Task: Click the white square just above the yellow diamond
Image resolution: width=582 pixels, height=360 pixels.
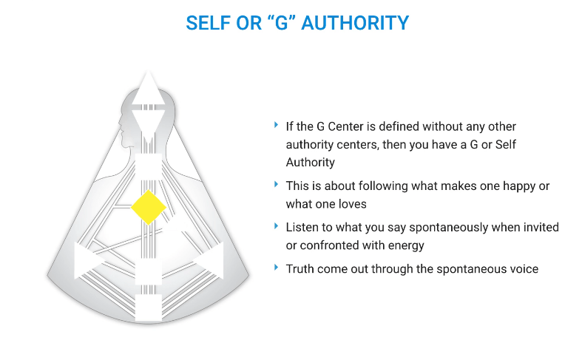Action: (149, 166)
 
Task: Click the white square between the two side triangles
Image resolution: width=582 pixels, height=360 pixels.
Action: (149, 271)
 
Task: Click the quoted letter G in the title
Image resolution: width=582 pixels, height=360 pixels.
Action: (278, 23)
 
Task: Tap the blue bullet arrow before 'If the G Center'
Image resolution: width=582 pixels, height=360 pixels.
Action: (276, 124)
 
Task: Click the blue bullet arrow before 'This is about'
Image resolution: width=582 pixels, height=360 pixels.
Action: (276, 184)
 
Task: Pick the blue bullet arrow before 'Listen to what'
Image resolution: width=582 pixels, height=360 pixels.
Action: (276, 225)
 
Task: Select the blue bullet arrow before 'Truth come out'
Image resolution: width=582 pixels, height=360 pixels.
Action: (276, 267)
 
